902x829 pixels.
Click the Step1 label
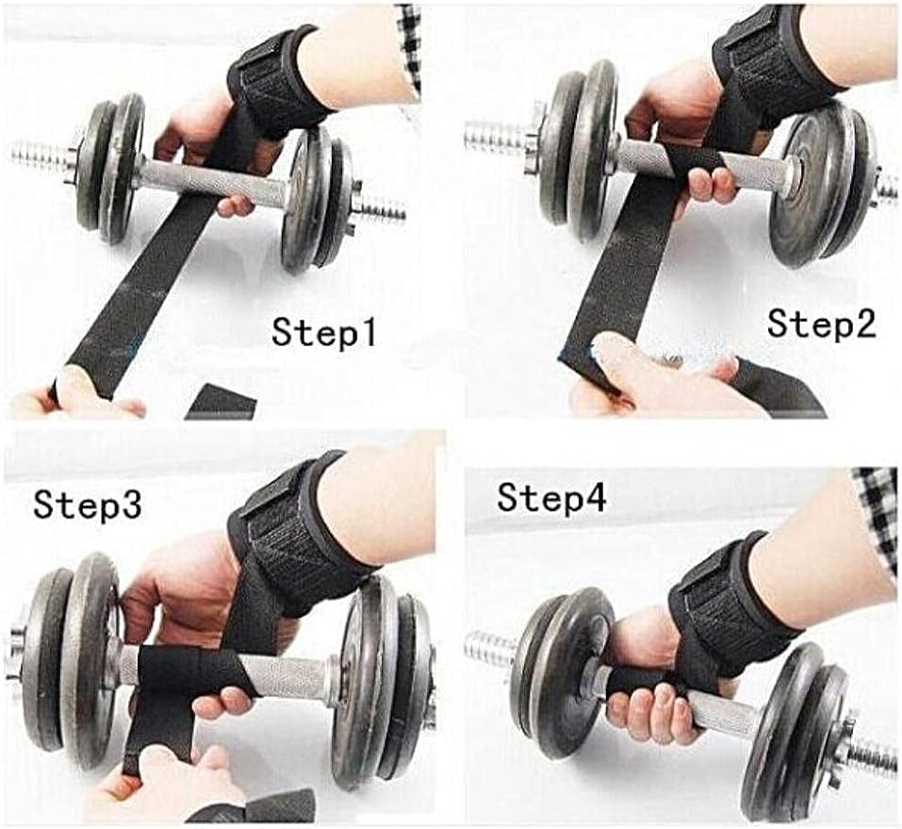[x=324, y=333]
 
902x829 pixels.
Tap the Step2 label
[x=821, y=323]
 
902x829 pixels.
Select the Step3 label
[x=87, y=506]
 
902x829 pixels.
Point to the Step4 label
[x=551, y=498]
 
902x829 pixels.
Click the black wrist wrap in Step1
[x=279, y=80]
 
